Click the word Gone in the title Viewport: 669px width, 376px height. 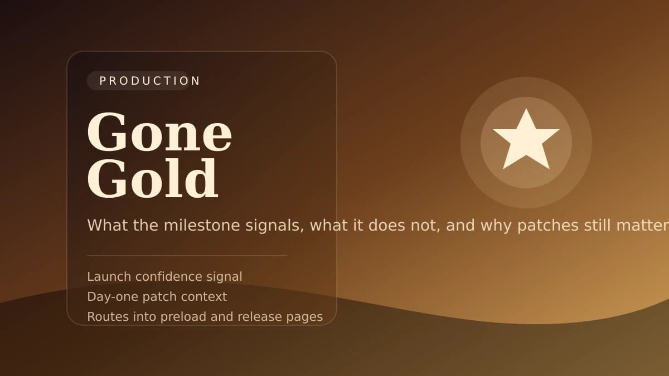[x=159, y=133]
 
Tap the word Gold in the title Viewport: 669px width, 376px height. [x=152, y=179]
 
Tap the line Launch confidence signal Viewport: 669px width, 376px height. [x=164, y=277]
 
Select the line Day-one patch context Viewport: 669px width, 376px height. [x=157, y=297]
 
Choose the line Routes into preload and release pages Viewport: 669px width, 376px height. [x=205, y=317]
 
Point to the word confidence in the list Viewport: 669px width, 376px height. [x=171, y=277]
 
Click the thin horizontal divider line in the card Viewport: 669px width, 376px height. [x=187, y=256]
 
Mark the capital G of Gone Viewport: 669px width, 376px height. [x=105, y=133]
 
